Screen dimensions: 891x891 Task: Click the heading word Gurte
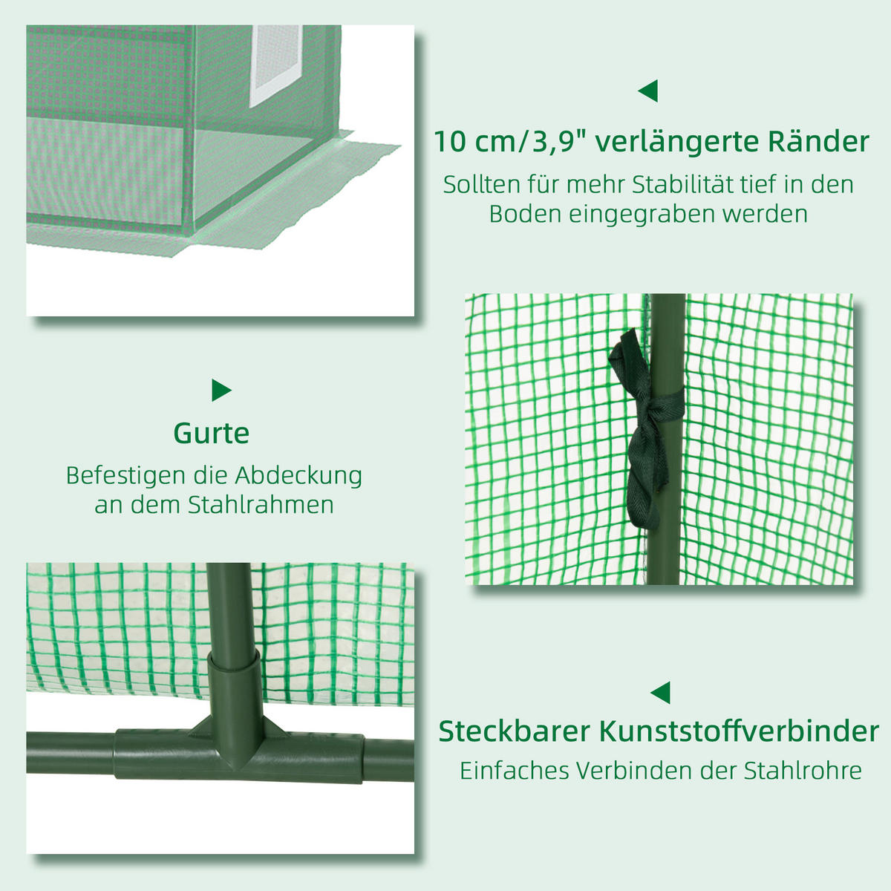pyautogui.click(x=212, y=434)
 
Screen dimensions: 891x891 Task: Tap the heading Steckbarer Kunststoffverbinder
pyautogui.click(x=659, y=731)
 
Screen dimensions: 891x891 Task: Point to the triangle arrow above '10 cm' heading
pyautogui.click(x=647, y=91)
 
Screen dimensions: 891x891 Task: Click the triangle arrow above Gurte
pyautogui.click(x=221, y=390)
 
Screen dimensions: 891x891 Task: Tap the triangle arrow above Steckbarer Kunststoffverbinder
pyautogui.click(x=661, y=693)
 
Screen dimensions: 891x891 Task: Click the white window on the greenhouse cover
pyautogui.click(x=276, y=65)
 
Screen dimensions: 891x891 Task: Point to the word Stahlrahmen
pyautogui.click(x=260, y=505)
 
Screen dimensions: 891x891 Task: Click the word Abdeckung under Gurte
pyautogui.click(x=298, y=475)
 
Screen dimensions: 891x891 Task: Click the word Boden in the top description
pyautogui.click(x=525, y=214)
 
